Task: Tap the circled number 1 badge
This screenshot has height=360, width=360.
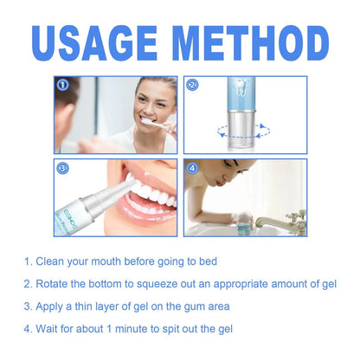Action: point(63,86)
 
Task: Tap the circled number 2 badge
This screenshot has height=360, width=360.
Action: point(193,86)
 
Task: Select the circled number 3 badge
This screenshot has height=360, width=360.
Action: point(63,169)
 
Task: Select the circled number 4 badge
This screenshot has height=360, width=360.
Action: point(193,169)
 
